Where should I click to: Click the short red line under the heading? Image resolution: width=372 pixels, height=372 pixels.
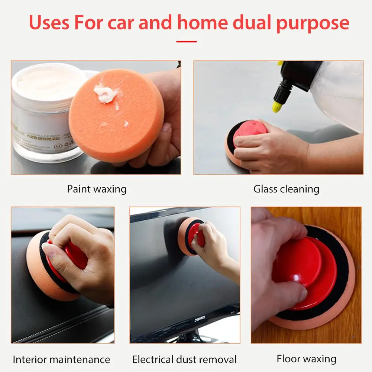tap(186, 41)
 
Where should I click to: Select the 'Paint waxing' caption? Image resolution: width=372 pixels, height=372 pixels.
tap(97, 189)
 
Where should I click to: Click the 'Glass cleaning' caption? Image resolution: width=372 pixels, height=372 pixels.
tap(286, 189)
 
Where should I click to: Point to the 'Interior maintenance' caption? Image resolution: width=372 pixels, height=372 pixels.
tap(61, 359)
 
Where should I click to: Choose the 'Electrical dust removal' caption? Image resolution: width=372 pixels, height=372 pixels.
tap(184, 359)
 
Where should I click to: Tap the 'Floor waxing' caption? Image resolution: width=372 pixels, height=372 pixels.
tap(306, 359)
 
